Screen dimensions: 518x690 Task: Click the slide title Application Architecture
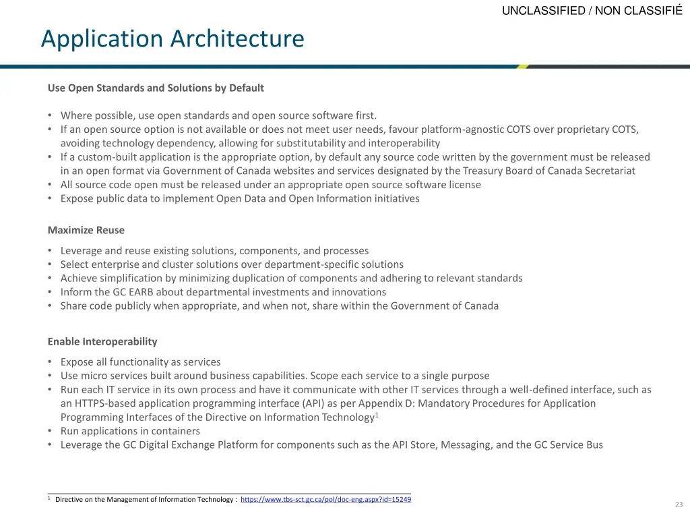click(172, 38)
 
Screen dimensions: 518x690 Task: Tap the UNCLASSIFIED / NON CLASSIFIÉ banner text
click(592, 10)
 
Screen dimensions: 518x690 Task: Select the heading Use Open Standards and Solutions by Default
click(156, 88)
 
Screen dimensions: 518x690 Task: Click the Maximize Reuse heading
click(86, 230)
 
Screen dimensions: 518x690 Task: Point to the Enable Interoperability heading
click(102, 341)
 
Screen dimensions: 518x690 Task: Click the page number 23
click(679, 505)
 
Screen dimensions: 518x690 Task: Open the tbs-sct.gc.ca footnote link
click(325, 500)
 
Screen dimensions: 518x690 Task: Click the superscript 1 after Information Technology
click(377, 415)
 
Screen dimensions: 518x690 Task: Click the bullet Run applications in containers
click(130, 431)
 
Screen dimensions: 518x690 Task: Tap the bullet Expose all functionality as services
click(140, 362)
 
